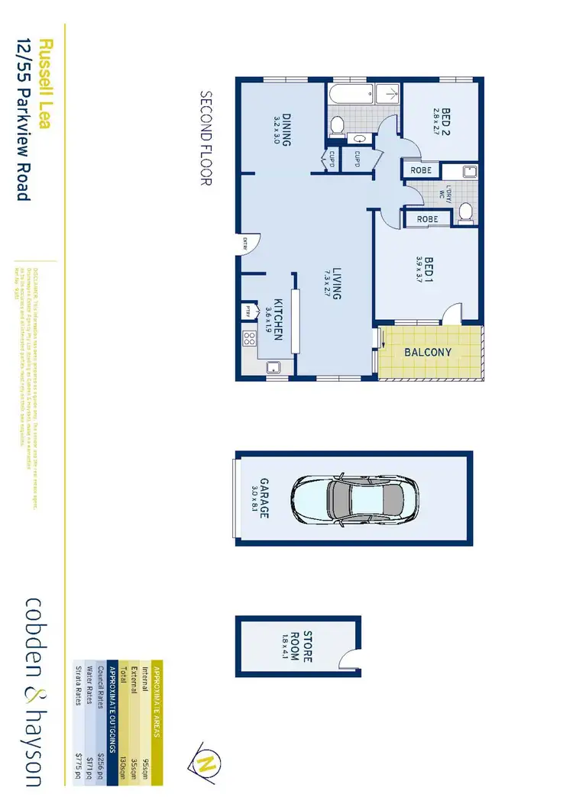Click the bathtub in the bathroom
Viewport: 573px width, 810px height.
(362, 96)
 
